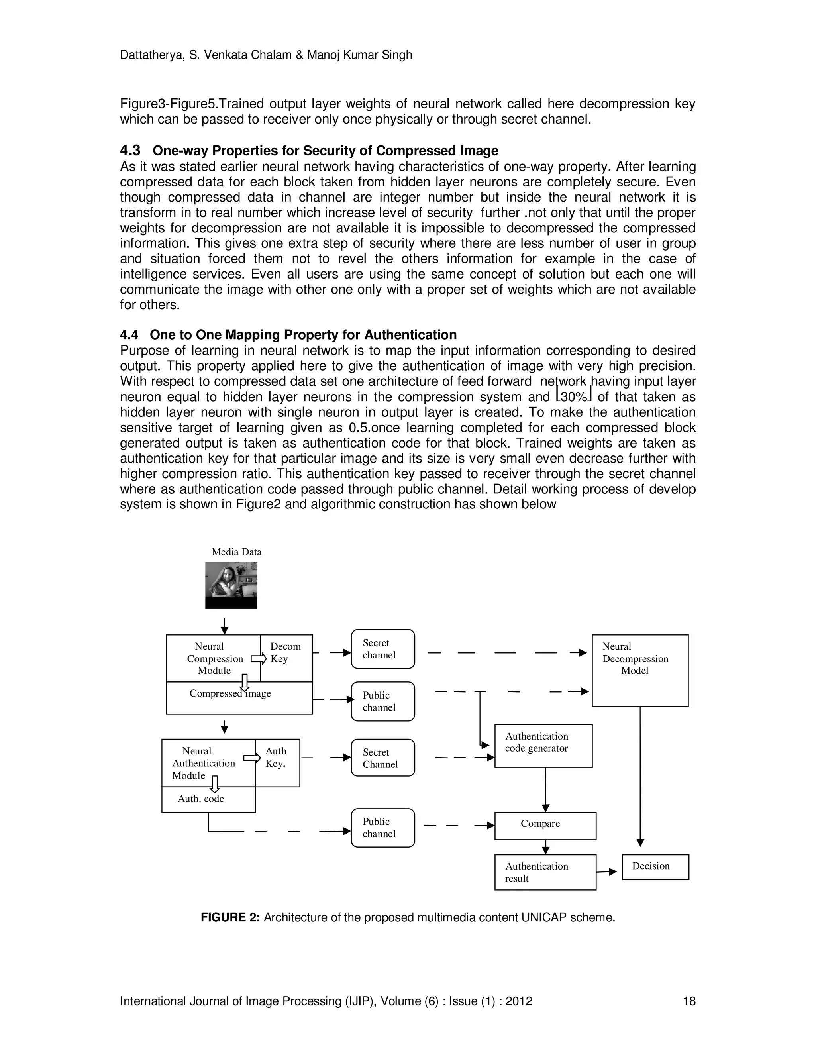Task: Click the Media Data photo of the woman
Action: pos(231,585)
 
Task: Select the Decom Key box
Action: pos(286,658)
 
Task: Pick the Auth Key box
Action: pos(277,763)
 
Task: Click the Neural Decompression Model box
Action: pos(639,670)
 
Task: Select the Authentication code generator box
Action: pos(543,746)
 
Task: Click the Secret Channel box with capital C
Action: pos(382,758)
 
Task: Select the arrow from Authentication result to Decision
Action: pos(607,872)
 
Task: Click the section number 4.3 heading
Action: pos(130,151)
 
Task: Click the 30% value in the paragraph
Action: pos(574,397)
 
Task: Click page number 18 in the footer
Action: pos(688,1001)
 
